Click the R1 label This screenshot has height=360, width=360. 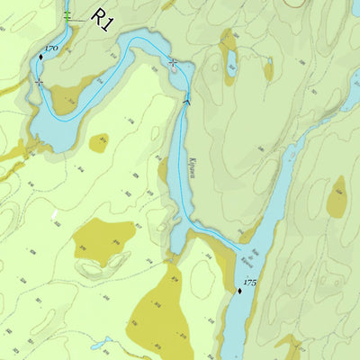pyautogui.click(x=103, y=22)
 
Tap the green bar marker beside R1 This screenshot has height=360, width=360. pyautogui.click(x=68, y=16)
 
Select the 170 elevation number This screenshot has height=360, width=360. pyautogui.click(x=50, y=47)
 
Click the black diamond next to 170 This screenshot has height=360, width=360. pyautogui.click(x=40, y=58)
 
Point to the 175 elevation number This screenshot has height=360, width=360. pyautogui.click(x=251, y=283)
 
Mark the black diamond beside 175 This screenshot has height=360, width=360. pyautogui.click(x=240, y=291)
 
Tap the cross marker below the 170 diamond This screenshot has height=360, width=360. pyautogui.click(x=39, y=83)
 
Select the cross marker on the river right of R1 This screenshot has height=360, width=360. pyautogui.click(x=173, y=61)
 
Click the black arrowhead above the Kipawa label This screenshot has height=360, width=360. pyautogui.click(x=187, y=103)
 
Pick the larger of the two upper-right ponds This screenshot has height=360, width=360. pyautogui.click(x=231, y=61)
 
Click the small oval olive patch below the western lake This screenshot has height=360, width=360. pyautogui.click(x=99, y=142)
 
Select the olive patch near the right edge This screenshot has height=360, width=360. pyautogui.click(x=337, y=198)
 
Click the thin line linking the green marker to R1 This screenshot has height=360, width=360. pyautogui.click(x=81, y=19)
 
